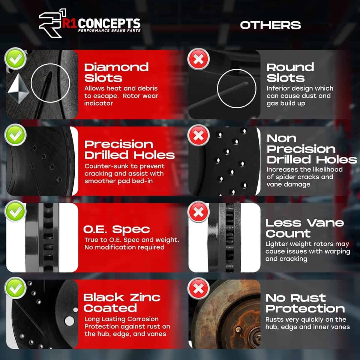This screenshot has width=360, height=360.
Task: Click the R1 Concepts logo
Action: pyautogui.click(x=89, y=26)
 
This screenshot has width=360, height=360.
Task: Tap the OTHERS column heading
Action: pyautogui.click(x=270, y=25)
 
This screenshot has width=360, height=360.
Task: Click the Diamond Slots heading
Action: pyautogui.click(x=116, y=72)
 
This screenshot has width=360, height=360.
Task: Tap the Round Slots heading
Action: pyautogui.click(x=290, y=72)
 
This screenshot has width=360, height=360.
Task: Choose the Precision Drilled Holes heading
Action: pyautogui.click(x=129, y=149)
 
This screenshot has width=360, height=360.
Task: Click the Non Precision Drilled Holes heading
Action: pyautogui.click(x=311, y=149)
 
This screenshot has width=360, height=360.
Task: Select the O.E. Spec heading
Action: pyautogui.click(x=116, y=229)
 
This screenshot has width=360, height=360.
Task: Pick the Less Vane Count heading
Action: pyautogui.click(x=304, y=228)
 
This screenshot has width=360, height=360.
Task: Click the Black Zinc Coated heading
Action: pyautogui.click(x=122, y=303)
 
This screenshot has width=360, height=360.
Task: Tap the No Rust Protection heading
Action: pyautogui.click(x=305, y=303)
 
